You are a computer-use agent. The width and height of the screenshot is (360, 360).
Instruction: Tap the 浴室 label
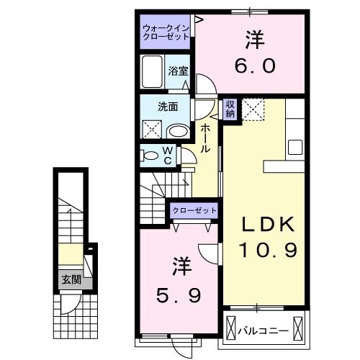pyautogui.click(x=179, y=71)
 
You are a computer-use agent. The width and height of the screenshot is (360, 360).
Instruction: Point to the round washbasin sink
pyautogui.click(x=179, y=131)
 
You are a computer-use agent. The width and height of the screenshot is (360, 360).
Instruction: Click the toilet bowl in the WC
pyautogui.click(x=149, y=156)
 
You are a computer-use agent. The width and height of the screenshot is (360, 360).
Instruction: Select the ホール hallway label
pyautogui.click(x=205, y=138)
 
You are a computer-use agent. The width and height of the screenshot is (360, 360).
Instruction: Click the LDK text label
pyautogui.click(x=266, y=225)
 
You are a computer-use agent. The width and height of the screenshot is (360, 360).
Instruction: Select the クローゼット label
pyautogui.click(x=194, y=210)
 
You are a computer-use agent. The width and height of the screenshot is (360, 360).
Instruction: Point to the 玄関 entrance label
pyautogui.click(x=70, y=279)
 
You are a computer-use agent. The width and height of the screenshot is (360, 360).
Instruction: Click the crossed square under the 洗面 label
pyautogui.click(x=153, y=131)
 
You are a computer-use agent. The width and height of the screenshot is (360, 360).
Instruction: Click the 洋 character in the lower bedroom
pyautogui.click(x=180, y=266)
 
